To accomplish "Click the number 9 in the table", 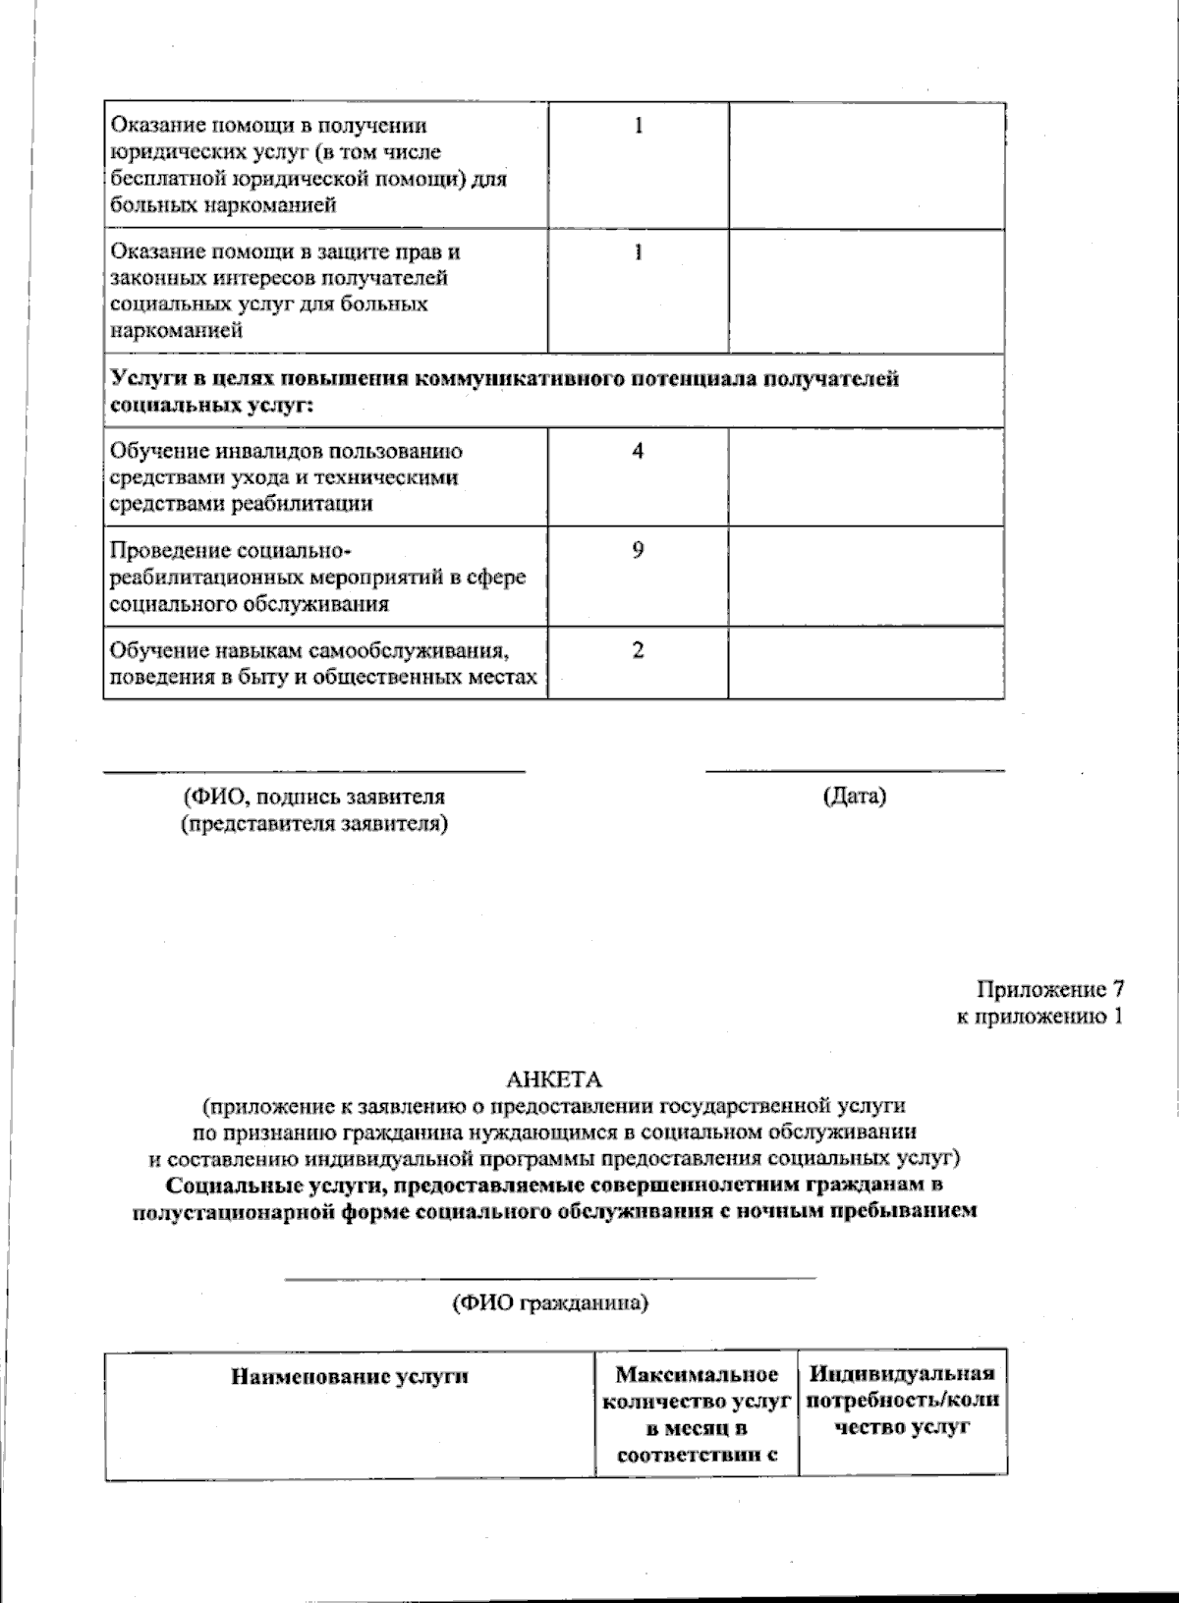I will [638, 551].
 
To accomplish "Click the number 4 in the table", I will [638, 452].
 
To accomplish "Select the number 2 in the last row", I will [638, 650].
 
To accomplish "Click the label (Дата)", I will [854, 797].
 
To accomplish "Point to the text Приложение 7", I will [1048, 989].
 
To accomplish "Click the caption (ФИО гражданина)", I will [549, 1305].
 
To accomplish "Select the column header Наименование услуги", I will [350, 1376].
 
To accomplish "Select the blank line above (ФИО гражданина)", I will [549, 1278].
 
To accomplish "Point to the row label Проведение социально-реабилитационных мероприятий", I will [317, 577].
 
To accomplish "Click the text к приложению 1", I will [1039, 1017].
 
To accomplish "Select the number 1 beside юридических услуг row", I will [638, 127].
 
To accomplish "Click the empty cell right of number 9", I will [866, 577].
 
